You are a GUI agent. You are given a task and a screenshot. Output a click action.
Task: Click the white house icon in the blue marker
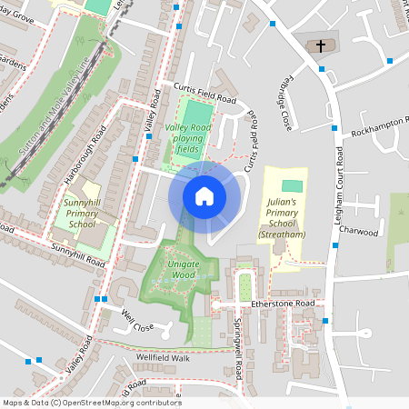[x=204, y=195]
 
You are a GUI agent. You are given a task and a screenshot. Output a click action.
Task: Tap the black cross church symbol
[x=320, y=46]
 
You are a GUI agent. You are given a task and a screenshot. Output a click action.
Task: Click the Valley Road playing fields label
[x=188, y=138]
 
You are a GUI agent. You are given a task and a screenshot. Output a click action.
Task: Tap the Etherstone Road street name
[x=283, y=304]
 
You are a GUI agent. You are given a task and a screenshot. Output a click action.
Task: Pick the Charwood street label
[x=358, y=232]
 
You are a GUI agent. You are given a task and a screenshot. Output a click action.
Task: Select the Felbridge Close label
[x=284, y=101]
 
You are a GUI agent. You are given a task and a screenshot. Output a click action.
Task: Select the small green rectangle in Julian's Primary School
[x=288, y=186]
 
